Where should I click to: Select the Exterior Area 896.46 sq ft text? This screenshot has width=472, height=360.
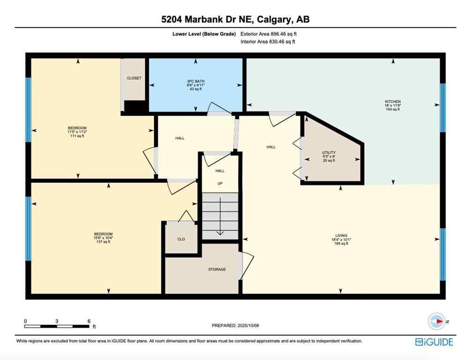[268, 34]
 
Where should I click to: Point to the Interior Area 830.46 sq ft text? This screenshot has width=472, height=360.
[267, 42]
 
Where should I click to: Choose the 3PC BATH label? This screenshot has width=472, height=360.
[195, 85]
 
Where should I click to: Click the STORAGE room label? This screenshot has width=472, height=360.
[217, 270]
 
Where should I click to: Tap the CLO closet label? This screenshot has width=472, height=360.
[181, 239]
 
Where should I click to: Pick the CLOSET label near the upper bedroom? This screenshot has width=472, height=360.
[134, 78]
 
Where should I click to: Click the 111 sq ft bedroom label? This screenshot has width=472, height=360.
[77, 132]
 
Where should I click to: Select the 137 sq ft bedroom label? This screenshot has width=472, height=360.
[103, 238]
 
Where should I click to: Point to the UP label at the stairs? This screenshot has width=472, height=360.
[220, 184]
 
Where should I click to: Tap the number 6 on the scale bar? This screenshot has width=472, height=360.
[88, 321]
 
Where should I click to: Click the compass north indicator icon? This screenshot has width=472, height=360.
[437, 322]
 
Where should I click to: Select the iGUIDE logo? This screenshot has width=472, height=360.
[434, 342]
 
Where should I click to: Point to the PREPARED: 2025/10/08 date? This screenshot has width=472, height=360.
[236, 325]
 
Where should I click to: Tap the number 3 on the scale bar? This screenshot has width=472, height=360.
[57, 321]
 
